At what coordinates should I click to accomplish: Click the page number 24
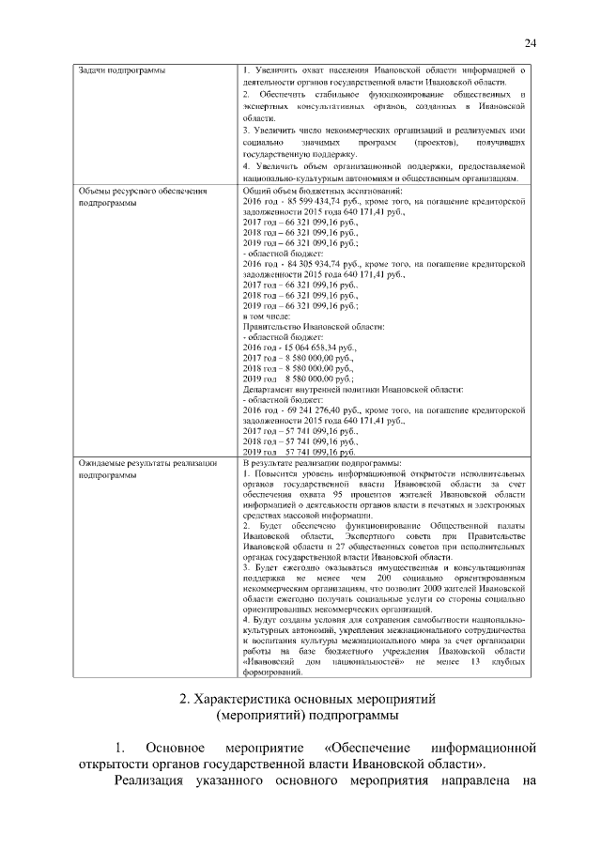point(531,42)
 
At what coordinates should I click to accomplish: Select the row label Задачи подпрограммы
point(118,71)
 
